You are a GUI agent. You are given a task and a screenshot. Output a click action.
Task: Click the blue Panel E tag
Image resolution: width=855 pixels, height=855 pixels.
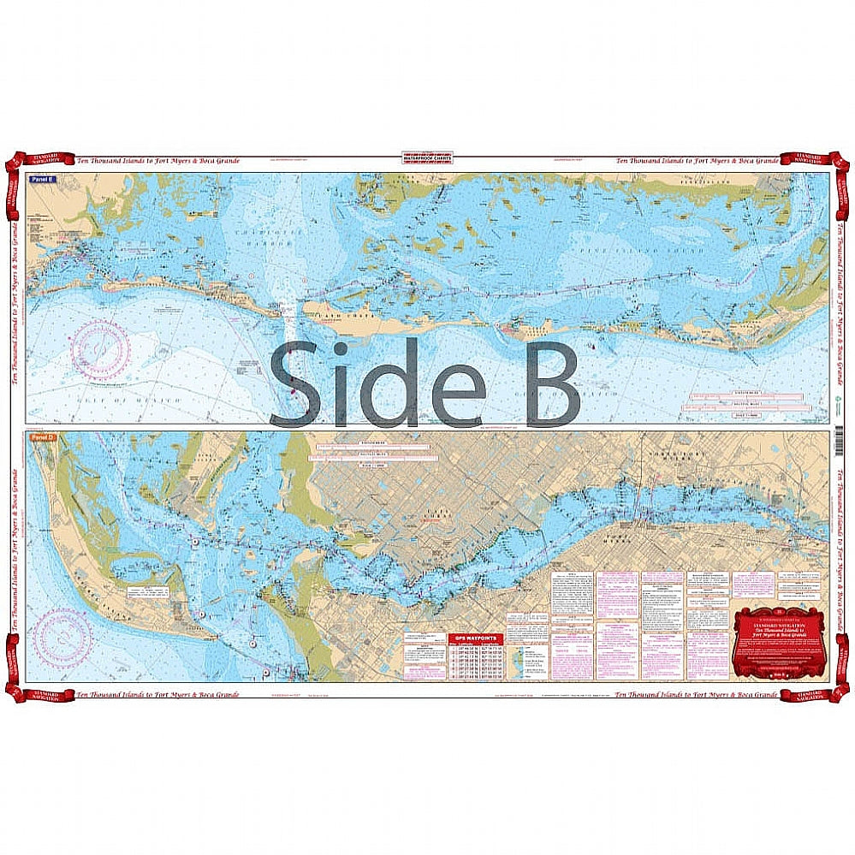(39, 180)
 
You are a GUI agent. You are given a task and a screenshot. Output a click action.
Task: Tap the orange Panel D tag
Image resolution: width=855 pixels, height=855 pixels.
(39, 438)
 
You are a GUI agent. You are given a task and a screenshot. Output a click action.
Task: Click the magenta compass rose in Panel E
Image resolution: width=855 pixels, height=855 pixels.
(99, 351)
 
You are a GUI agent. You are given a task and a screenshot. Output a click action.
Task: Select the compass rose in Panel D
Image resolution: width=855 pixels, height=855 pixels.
(62, 637)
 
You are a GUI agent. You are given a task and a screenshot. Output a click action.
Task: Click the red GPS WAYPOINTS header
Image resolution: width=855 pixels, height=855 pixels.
(473, 637)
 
